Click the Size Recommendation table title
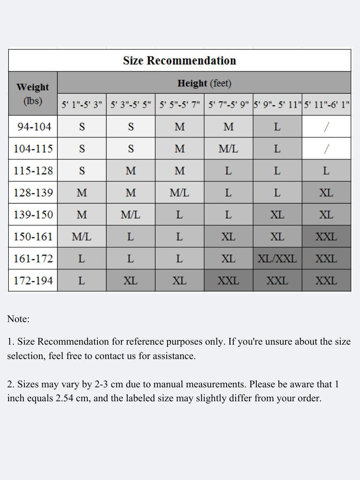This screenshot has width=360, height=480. click(180, 60)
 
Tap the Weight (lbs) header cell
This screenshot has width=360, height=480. click(33, 94)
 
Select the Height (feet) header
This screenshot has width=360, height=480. click(204, 83)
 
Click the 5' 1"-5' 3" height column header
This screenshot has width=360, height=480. click(82, 105)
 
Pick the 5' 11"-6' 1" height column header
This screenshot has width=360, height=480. click(326, 105)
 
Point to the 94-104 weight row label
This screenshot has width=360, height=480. click(33, 127)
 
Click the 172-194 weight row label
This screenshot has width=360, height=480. click(33, 280)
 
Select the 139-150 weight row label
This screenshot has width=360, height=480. click(33, 215)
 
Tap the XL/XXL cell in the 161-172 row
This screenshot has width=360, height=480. click(277, 259)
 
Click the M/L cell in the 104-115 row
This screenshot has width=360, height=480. click(228, 149)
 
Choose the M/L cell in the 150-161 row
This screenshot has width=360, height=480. click(82, 237)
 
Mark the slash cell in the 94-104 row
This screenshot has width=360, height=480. click(326, 127)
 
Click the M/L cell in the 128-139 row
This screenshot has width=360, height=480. click(179, 192)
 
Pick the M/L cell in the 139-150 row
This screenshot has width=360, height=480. click(131, 215)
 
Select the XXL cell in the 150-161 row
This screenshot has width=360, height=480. click(326, 237)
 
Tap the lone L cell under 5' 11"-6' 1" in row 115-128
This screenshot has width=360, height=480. click(326, 170)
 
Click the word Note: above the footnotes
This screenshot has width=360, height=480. click(18, 319)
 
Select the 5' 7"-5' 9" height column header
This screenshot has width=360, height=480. click(228, 105)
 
